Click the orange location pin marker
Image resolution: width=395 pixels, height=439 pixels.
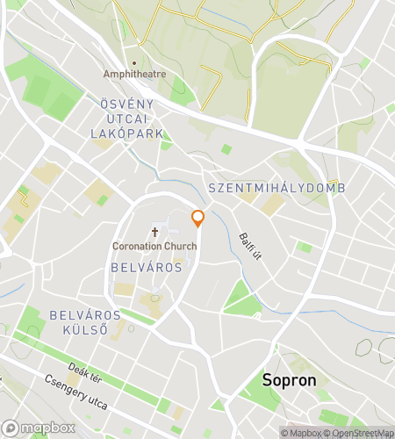[x=197, y=218]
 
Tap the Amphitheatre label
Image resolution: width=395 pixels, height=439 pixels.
[x=134, y=75]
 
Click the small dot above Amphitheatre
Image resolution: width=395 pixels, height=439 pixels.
[x=134, y=63]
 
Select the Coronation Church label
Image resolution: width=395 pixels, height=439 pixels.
[x=155, y=246]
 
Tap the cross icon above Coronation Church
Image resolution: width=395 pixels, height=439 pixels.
[x=155, y=233]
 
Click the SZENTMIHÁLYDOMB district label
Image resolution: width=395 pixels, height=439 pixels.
[x=276, y=189]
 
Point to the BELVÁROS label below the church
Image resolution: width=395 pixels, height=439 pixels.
[x=147, y=266]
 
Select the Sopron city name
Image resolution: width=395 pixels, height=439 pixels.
[x=290, y=381]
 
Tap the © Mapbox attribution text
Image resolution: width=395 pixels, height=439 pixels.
[x=302, y=432]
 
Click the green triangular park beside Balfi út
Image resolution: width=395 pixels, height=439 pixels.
[x=240, y=300]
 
